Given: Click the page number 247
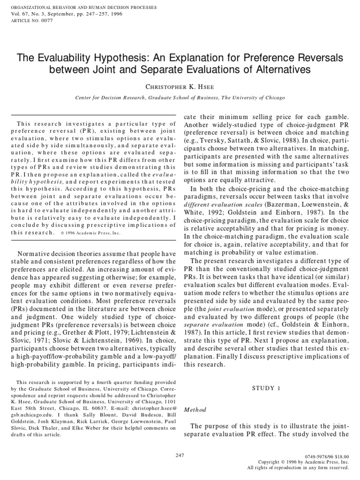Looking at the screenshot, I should point(180,455).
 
